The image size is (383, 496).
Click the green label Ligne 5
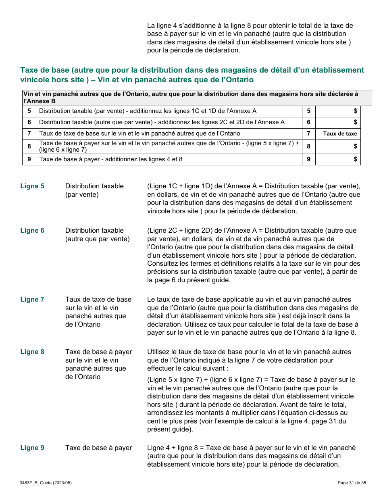point(32,186)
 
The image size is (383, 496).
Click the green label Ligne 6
point(32,231)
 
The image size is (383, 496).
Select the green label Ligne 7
point(32,300)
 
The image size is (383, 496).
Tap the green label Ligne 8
point(32,352)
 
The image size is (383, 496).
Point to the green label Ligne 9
point(32,448)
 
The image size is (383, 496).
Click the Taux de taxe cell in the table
point(340,134)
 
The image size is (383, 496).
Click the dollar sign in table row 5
point(355,111)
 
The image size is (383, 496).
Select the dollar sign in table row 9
point(355,159)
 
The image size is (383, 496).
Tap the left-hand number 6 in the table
point(29,122)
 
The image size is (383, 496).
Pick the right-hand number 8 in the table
point(308,146)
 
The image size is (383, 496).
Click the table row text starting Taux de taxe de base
point(139,133)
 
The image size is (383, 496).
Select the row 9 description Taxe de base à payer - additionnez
point(111,159)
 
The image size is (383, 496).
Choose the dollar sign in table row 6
point(355,122)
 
